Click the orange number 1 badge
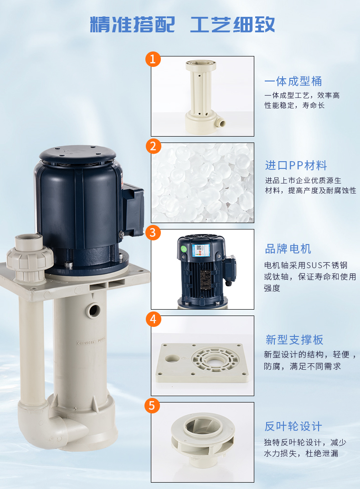tap(153, 59)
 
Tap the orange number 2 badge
tap(153, 146)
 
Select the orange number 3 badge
tap(153, 233)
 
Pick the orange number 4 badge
tap(153, 319)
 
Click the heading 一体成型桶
tap(293, 81)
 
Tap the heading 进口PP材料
tap(296, 165)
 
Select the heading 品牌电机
tap(288, 249)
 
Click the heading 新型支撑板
tap(294, 340)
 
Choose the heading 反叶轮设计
tap(293, 426)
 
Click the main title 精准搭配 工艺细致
tap(183, 24)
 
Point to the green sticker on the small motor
tap(184, 249)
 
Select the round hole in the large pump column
tap(93, 310)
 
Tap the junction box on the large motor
tap(133, 209)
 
